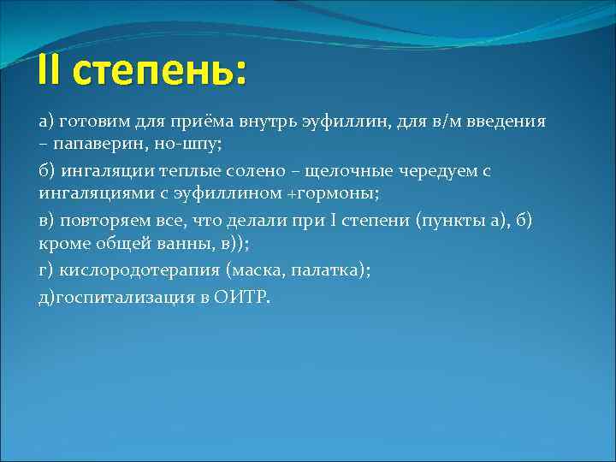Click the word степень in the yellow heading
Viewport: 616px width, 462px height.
click(159, 72)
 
